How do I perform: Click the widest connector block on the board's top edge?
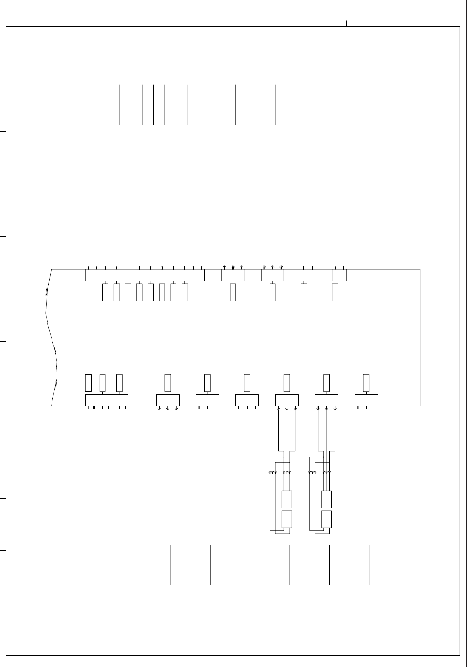(x=144, y=275)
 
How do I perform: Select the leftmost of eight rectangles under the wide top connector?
(x=105, y=292)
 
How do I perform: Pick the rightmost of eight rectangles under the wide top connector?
(x=185, y=292)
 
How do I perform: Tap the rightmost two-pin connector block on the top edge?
(x=339, y=275)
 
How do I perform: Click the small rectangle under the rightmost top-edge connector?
(x=335, y=292)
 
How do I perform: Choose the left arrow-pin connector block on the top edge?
(x=233, y=275)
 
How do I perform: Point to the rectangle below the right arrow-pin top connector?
(x=273, y=292)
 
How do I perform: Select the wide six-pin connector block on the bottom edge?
(x=107, y=400)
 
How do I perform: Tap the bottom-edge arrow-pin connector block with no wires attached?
(x=168, y=400)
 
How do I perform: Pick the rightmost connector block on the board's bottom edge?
(x=367, y=400)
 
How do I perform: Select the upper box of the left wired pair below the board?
(x=287, y=499)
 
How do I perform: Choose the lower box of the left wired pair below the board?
(x=287, y=519)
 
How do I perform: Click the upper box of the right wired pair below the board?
(x=327, y=499)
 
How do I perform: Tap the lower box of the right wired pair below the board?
(x=327, y=519)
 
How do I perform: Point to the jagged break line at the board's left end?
(x=51, y=338)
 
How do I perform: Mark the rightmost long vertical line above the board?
(x=338, y=104)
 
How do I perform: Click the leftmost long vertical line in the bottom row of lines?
(x=94, y=564)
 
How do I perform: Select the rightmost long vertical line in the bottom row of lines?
(x=369, y=564)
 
